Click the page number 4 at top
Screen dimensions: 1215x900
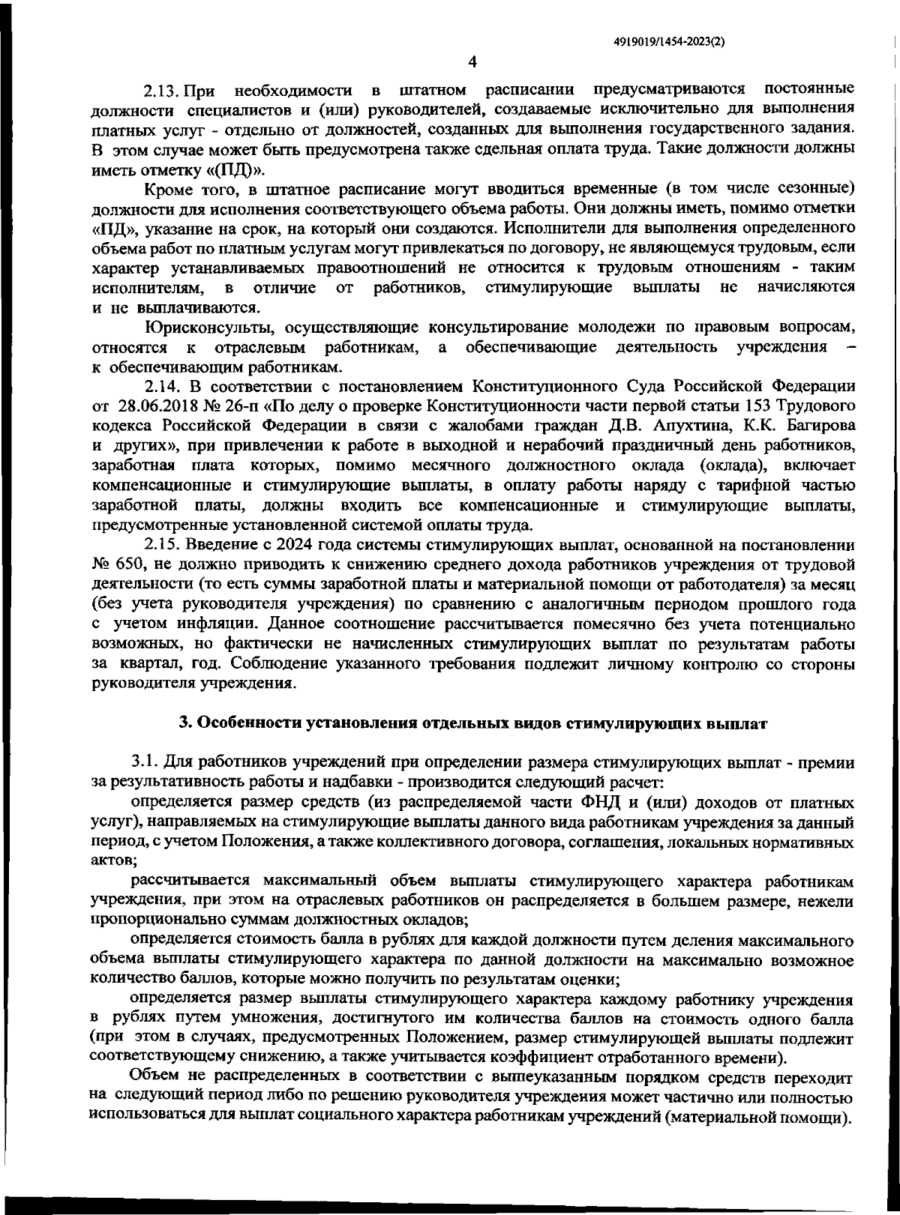click(472, 62)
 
